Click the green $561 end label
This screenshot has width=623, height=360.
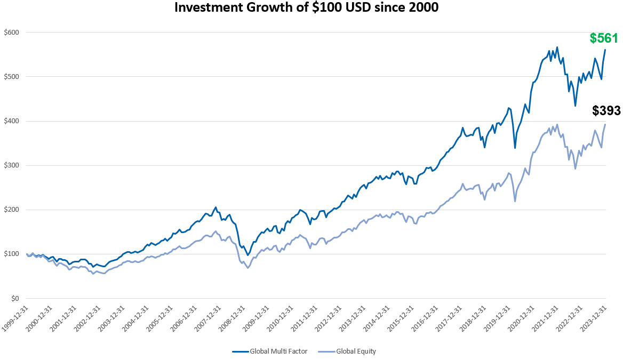[x=603, y=38]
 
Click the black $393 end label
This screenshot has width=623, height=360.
[x=606, y=111]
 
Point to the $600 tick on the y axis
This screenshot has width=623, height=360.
[x=12, y=32]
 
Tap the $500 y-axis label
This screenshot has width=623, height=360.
[x=12, y=76]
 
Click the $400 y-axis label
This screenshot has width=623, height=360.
[x=12, y=121]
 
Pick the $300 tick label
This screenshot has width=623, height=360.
[x=12, y=165]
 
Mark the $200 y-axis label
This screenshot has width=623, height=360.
[x=12, y=210]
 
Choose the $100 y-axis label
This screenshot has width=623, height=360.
[x=12, y=254]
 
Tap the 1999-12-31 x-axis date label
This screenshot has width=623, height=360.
[x=16, y=319]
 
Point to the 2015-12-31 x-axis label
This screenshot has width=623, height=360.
[x=403, y=319]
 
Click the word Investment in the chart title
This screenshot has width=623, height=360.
[x=205, y=8]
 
